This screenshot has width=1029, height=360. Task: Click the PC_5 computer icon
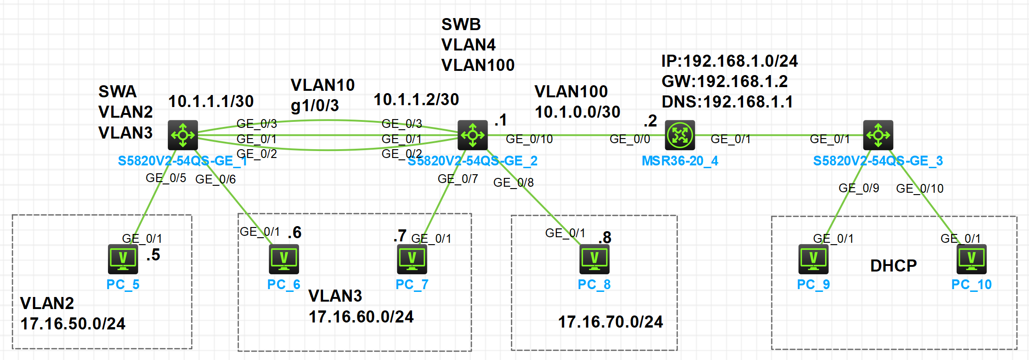click(x=123, y=259)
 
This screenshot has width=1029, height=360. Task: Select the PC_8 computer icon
click(x=594, y=259)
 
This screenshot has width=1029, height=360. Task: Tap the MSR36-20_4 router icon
click(x=680, y=135)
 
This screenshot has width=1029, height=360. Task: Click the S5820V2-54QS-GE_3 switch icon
click(x=878, y=135)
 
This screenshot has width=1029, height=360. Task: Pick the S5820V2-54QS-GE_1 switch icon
click(x=183, y=135)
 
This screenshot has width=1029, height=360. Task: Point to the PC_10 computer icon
click(x=972, y=259)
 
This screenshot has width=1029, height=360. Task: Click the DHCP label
click(x=893, y=265)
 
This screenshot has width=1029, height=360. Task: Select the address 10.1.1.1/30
click(x=211, y=101)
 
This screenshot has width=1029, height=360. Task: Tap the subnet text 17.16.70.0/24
click(x=610, y=322)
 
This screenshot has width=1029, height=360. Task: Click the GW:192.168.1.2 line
click(x=724, y=82)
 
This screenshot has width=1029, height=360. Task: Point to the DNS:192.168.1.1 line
click(x=727, y=102)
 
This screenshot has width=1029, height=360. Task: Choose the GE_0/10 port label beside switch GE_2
click(x=529, y=139)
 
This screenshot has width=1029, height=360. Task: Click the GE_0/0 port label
click(x=629, y=139)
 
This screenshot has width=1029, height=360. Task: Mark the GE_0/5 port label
click(x=165, y=178)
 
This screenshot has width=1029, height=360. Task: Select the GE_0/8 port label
click(x=513, y=183)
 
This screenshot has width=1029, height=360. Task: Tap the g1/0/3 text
click(x=315, y=106)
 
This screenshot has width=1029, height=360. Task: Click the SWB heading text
click(x=461, y=24)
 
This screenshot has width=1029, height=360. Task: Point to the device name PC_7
click(x=412, y=284)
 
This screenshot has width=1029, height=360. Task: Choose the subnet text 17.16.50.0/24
click(x=73, y=323)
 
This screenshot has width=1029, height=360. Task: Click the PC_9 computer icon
click(x=813, y=259)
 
